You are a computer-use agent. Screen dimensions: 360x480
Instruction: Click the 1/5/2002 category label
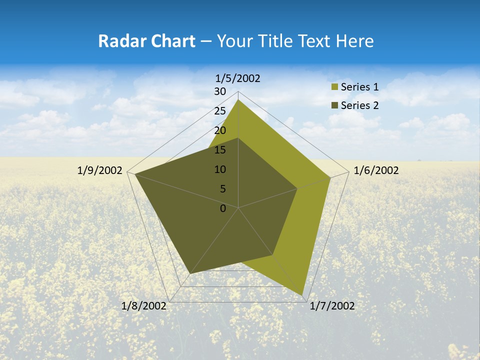click(x=238, y=78)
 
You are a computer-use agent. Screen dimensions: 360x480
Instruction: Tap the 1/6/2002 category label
click(x=376, y=170)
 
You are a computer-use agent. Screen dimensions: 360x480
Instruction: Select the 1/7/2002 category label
click(x=332, y=306)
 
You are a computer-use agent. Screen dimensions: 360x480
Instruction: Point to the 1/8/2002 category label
click(x=144, y=306)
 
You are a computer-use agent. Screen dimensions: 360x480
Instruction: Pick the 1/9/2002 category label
click(x=100, y=170)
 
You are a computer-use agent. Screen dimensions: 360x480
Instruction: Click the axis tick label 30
click(x=220, y=91)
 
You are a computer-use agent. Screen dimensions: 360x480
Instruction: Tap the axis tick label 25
click(x=220, y=111)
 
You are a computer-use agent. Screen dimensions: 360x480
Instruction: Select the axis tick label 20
click(x=220, y=130)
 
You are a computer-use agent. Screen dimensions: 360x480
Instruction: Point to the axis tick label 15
click(x=220, y=150)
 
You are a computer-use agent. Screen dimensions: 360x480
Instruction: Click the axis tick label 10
click(x=220, y=169)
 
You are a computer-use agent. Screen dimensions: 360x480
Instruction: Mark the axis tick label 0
click(x=223, y=208)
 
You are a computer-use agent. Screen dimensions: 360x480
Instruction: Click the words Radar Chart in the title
click(x=146, y=41)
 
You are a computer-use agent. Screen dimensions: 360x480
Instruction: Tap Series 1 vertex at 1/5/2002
click(x=238, y=99)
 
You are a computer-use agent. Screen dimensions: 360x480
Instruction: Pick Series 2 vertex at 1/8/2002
click(x=190, y=273)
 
